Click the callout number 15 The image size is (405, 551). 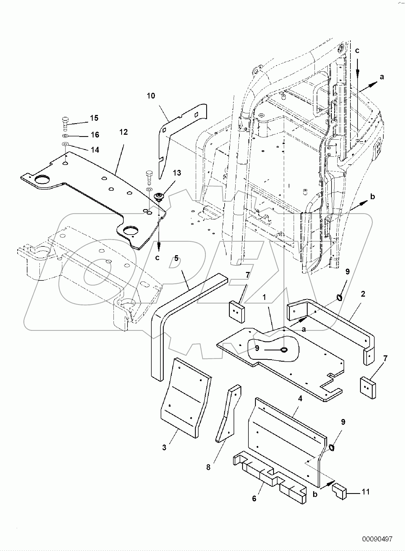94,118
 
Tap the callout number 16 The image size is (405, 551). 95,135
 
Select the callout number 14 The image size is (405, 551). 95,150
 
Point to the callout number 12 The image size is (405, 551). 124,132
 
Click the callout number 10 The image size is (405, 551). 151,96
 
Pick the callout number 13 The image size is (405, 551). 177,173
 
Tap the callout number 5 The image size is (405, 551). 176,258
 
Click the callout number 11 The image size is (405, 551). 366,492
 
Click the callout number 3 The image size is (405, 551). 164,448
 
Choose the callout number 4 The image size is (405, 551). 300,398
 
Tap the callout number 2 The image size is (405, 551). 363,294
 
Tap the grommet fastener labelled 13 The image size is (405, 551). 158,196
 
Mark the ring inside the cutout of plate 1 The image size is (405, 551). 284,350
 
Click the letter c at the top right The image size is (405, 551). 357,51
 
